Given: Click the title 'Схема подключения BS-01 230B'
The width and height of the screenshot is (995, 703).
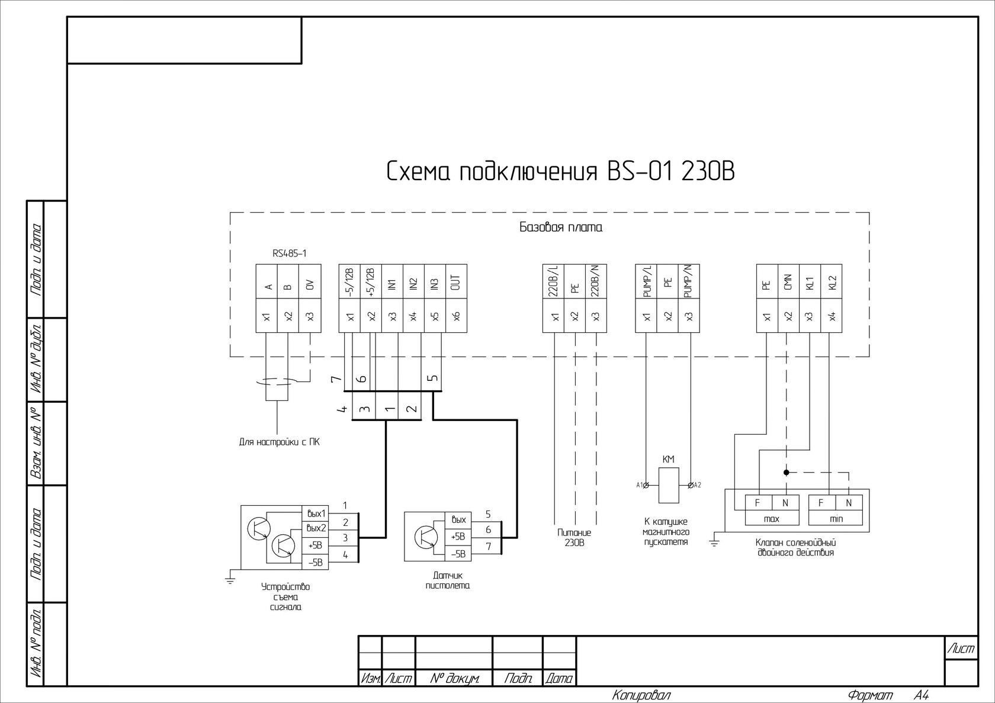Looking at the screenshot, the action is click(x=560, y=172).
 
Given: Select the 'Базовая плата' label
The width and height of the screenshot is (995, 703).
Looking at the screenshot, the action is click(x=560, y=227).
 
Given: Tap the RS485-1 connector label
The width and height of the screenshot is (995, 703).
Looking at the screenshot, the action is click(x=289, y=253).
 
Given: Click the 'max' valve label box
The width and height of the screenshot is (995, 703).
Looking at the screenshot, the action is click(x=772, y=519).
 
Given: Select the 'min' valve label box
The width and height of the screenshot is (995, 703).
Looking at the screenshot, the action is click(x=836, y=519).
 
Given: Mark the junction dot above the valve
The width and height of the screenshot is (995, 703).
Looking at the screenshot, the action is click(x=787, y=473).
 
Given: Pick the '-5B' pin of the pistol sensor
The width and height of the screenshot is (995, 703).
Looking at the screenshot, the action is click(x=458, y=554).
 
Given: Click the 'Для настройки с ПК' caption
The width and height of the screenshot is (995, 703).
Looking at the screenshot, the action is click(x=279, y=442).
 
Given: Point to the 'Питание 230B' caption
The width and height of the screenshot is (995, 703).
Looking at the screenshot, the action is click(x=574, y=537).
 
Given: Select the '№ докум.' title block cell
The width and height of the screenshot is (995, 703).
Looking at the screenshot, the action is click(x=454, y=679).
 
